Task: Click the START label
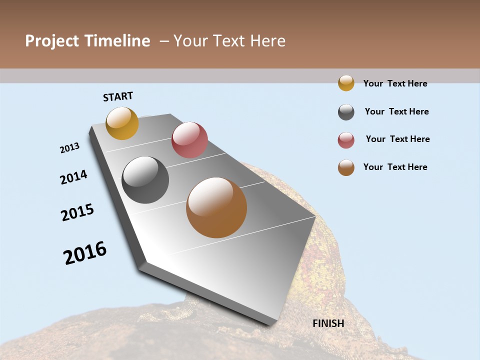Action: pos(118,96)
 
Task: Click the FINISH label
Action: pos(328,323)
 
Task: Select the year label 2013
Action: pos(69,148)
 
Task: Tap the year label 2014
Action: pos(73,177)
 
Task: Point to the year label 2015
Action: pos(77,212)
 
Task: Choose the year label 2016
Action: pos(85,253)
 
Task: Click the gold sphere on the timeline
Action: pos(122,123)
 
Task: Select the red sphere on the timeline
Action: pos(189,140)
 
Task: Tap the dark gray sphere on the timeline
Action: pos(145,180)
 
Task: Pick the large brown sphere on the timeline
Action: pos(216,207)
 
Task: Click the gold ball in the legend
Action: pos(346,83)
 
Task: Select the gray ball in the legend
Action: pos(346,112)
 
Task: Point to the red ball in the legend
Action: pos(346,140)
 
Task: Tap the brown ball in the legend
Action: pos(346,167)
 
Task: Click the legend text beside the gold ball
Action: pos(395,83)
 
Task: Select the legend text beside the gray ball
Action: pos(396,111)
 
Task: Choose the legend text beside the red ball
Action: pos(397,139)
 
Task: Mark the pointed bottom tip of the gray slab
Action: pos(270,324)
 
